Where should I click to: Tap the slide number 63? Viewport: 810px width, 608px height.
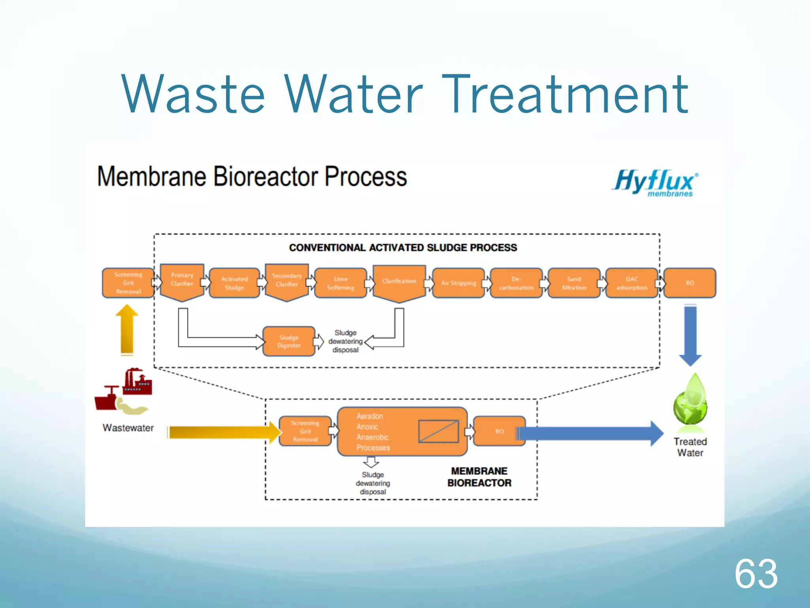point(756,574)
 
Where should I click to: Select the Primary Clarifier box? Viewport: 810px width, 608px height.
point(182,280)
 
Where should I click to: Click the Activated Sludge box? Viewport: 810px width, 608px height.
point(235,283)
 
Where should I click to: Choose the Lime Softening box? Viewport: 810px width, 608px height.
point(341,283)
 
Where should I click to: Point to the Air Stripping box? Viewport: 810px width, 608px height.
point(458,283)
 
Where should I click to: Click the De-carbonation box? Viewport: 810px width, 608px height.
point(516,283)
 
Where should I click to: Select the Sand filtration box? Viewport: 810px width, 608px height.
point(574,283)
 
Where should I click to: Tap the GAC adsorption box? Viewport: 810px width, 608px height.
point(632,283)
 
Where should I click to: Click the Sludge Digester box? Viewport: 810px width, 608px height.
point(289,341)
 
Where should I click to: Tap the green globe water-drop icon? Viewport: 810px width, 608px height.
point(690,401)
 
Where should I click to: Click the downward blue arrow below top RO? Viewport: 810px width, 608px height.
point(690,335)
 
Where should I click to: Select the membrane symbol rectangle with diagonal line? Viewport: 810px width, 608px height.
point(438,431)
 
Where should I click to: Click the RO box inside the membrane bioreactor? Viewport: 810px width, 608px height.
point(499,431)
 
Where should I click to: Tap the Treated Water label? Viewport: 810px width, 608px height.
point(690,447)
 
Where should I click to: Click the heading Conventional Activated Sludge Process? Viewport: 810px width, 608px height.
point(403,248)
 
